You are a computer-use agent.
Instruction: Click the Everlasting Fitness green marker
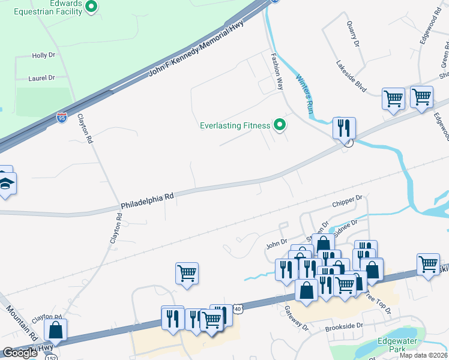(279, 125)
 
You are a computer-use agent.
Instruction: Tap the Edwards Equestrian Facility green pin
(91, 7)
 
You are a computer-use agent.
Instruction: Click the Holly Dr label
(43, 55)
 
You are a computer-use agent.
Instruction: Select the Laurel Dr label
(41, 78)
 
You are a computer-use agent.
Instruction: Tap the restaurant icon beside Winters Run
(345, 128)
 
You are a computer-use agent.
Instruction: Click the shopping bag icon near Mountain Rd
(55, 329)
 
